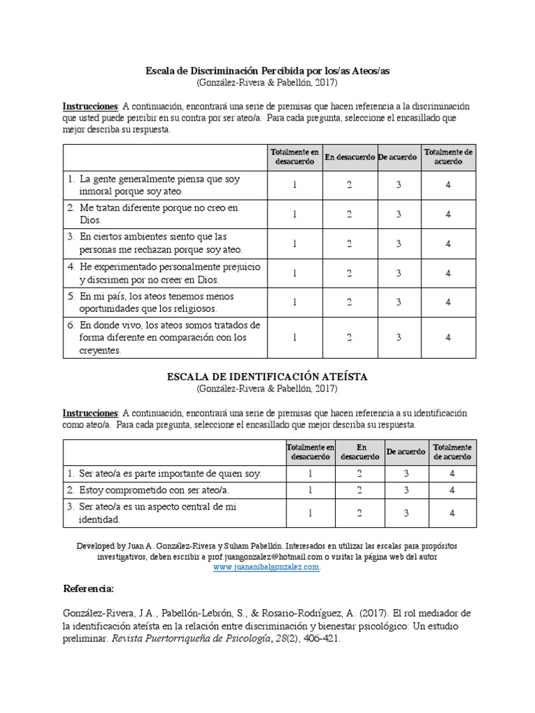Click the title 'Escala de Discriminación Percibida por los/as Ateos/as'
pyautogui.click(x=267, y=70)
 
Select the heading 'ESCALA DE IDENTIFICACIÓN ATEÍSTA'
pyautogui.click(x=267, y=376)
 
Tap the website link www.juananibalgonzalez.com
pyautogui.click(x=267, y=567)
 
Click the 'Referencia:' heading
pyautogui.click(x=88, y=589)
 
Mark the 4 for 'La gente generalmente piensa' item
pyautogui.click(x=449, y=185)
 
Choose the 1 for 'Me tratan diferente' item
pyautogui.click(x=295, y=214)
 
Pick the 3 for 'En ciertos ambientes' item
pyautogui.click(x=398, y=243)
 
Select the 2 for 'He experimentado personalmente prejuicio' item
pyautogui.click(x=349, y=273)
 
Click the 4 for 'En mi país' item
pyautogui.click(x=449, y=302)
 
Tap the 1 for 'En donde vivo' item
pyautogui.click(x=295, y=337)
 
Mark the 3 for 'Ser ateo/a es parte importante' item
pyautogui.click(x=406, y=473)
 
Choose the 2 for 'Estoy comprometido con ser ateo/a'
pyautogui.click(x=359, y=489)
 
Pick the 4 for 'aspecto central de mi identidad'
pyautogui.click(x=452, y=512)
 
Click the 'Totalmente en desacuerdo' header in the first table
pyautogui.click(x=295, y=157)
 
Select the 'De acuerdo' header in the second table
pyautogui.click(x=406, y=451)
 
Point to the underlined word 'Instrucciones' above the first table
pyautogui.click(x=91, y=106)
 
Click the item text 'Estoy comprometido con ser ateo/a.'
pyautogui.click(x=138, y=489)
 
